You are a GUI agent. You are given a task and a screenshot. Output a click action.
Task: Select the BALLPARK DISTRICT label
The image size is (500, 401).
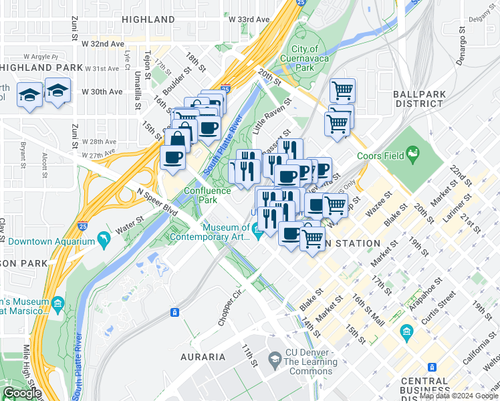tap(418, 99)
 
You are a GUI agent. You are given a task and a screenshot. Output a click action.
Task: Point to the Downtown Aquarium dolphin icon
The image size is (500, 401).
tap(104, 239)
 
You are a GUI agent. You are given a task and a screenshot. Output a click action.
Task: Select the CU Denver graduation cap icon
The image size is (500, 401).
tap(274, 359)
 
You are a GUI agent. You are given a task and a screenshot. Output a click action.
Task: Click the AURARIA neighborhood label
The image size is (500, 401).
tap(203, 357)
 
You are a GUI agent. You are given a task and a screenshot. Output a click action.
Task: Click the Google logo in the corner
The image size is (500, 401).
tap(21, 393)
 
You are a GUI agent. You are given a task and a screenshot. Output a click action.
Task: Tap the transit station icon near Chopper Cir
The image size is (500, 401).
tap(174, 312)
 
